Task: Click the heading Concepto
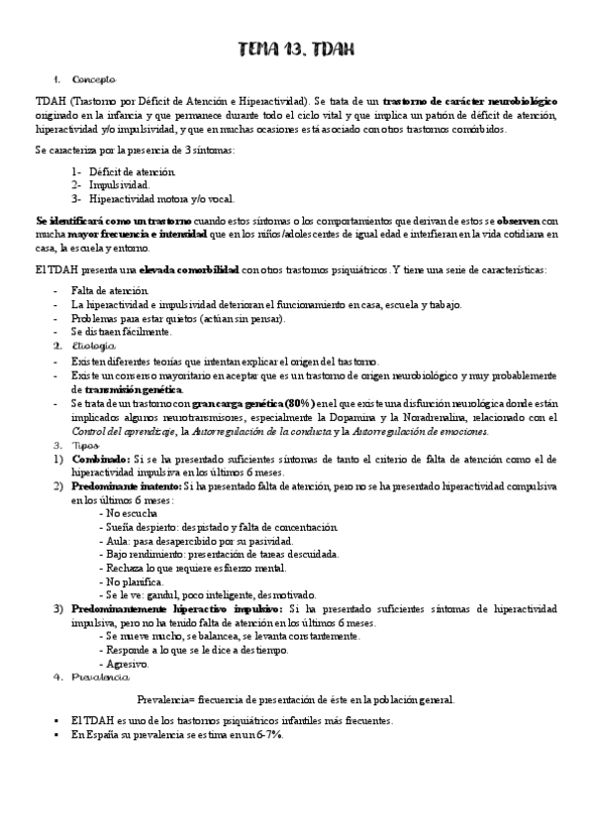(x=94, y=78)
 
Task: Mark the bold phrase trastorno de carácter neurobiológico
(x=469, y=101)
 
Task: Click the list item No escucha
(x=130, y=514)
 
